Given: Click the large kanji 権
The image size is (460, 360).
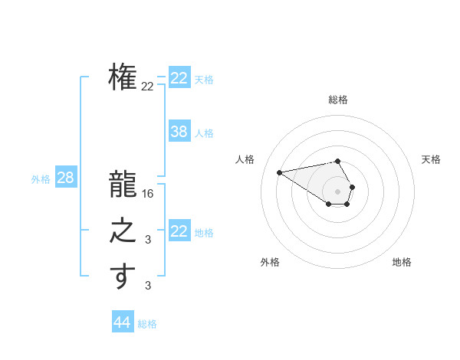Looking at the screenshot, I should point(123,77).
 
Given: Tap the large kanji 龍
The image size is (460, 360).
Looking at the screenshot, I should point(123,185).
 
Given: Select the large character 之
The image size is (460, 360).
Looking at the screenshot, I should point(123,231).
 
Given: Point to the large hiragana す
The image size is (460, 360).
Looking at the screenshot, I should point(123,277).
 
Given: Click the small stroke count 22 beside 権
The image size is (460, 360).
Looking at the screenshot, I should point(147,87).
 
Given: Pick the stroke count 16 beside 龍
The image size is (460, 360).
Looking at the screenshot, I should point(148,195).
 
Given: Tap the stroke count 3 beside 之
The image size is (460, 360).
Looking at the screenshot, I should point(148,241).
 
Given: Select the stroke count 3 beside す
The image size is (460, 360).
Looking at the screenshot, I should point(148,286).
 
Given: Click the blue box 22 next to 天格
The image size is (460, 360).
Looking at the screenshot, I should point(179,78).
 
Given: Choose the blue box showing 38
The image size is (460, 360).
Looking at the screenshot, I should point(179,132).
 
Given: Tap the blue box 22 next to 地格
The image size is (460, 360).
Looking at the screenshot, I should point(179,231).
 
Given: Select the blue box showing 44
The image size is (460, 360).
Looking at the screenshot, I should point(122,322).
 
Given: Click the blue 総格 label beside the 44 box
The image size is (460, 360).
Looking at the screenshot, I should point(147,324).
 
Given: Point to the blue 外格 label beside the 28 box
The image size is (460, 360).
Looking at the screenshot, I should point(41,179).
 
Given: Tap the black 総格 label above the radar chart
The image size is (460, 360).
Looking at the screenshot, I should point(337,100).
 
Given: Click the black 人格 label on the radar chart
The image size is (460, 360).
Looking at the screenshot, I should point(245,160).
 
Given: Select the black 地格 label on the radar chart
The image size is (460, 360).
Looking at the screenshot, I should point(402,263).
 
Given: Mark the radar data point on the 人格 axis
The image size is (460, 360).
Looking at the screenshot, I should point(279,172).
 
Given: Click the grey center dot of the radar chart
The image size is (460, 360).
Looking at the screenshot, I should point(337,191).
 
